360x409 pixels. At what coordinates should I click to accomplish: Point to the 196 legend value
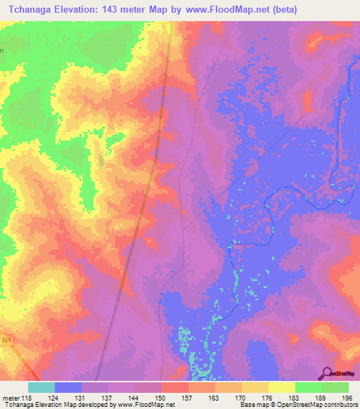tap(346, 398)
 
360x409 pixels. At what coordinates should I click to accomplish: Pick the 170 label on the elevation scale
tap(240, 398)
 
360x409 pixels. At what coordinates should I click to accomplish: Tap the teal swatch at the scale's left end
tap(41, 387)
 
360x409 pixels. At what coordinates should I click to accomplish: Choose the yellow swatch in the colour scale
tap(281, 387)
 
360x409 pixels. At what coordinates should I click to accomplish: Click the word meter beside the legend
tap(11, 398)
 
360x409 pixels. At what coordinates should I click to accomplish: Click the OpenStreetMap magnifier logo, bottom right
tap(326, 372)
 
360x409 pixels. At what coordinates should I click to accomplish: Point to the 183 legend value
tap(293, 398)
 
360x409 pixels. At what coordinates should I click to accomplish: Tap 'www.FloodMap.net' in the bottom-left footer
tap(145, 405)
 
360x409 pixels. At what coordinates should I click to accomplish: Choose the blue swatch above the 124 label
tap(68, 387)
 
